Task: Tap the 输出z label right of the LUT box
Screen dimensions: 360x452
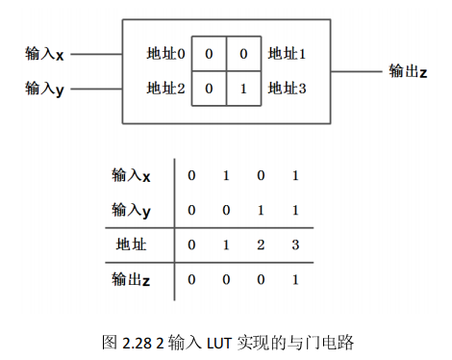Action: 408,71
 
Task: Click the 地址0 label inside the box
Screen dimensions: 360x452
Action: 166,54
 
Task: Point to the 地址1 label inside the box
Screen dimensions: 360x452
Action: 287,54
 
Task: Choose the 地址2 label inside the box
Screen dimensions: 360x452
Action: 166,89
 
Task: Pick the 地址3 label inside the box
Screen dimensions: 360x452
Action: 287,89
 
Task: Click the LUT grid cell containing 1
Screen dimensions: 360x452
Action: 244,89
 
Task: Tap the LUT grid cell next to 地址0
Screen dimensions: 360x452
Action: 209,54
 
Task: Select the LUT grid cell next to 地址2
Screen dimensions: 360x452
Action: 209,89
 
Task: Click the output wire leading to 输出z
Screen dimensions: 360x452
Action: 356,71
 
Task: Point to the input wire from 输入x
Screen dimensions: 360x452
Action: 96,55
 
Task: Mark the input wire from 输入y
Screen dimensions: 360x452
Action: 96,89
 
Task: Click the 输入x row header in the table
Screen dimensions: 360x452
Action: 132,175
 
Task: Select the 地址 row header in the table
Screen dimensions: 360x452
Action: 132,244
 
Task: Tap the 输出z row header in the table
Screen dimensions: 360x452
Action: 132,279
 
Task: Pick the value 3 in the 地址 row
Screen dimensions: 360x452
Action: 294,244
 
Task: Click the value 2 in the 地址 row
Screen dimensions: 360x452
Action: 261,244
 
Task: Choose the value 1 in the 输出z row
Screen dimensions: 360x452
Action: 294,279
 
